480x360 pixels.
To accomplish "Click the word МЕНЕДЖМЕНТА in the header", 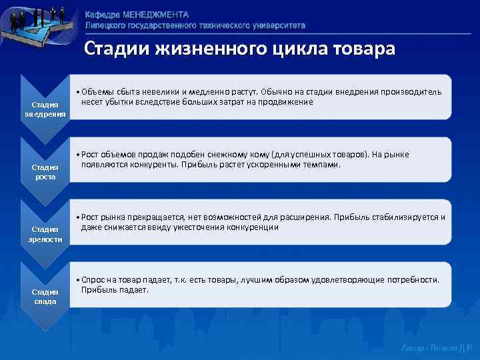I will click(x=157, y=15).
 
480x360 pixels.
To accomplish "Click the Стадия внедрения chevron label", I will click(x=45, y=109).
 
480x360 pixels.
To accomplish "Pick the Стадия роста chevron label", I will click(x=45, y=172).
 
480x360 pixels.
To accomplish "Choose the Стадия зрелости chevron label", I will click(x=45, y=234).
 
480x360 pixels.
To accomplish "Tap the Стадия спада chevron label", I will click(x=45, y=297).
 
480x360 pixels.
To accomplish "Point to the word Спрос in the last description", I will click(x=93, y=279).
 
